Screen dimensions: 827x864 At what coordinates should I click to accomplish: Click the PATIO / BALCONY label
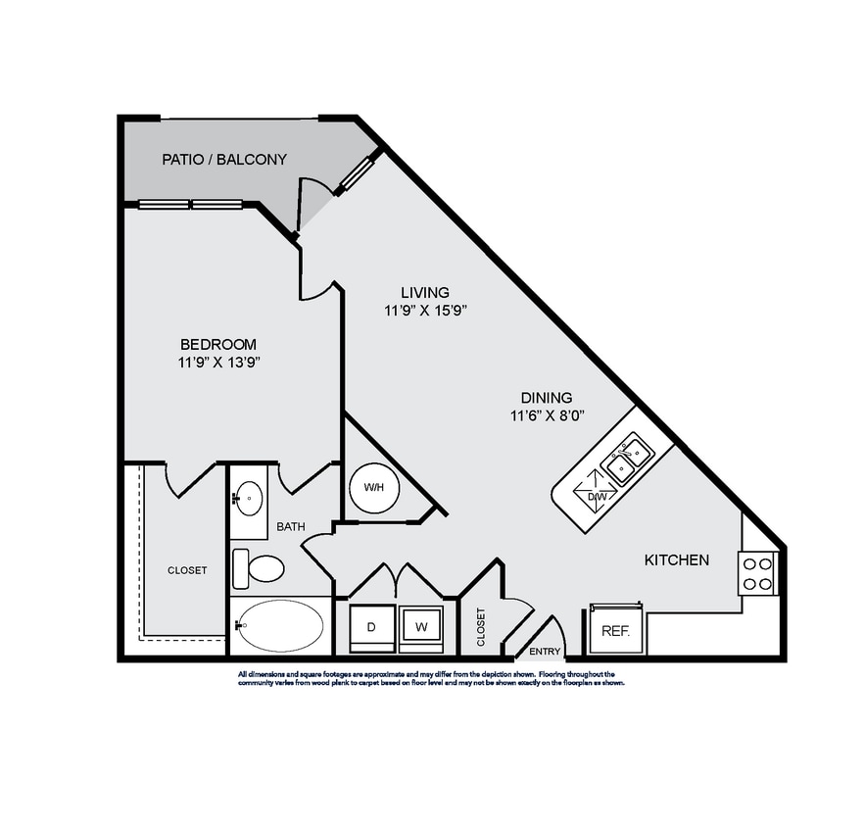pyautogui.click(x=223, y=159)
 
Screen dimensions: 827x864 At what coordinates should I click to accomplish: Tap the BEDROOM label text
pyautogui.click(x=217, y=344)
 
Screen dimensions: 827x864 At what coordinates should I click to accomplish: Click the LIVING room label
pyautogui.click(x=425, y=292)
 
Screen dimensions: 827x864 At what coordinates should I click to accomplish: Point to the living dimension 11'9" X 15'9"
pyautogui.click(x=425, y=310)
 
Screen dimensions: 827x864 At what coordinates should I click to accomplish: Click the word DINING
pyautogui.click(x=546, y=397)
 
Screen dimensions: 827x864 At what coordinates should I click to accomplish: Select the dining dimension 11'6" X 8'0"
pyautogui.click(x=546, y=414)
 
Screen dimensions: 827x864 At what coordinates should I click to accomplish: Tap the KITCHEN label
pyautogui.click(x=676, y=560)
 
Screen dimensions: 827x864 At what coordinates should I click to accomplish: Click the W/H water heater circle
pyautogui.click(x=373, y=487)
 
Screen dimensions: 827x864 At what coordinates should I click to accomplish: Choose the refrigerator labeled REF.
pyautogui.click(x=614, y=631)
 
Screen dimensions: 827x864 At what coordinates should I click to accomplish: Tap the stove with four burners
pyautogui.click(x=758, y=573)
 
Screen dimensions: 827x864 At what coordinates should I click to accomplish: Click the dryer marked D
pyautogui.click(x=372, y=627)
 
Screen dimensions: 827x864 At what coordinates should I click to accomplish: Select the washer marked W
pyautogui.click(x=420, y=627)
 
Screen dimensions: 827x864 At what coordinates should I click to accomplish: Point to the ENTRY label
pyautogui.click(x=544, y=652)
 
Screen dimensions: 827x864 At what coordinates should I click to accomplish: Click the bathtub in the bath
pyautogui.click(x=280, y=625)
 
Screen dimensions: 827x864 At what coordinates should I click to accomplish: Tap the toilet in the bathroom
pyautogui.click(x=259, y=567)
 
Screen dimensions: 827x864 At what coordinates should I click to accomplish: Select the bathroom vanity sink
pyautogui.click(x=249, y=498)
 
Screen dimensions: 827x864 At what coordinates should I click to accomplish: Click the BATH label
pyautogui.click(x=290, y=526)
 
